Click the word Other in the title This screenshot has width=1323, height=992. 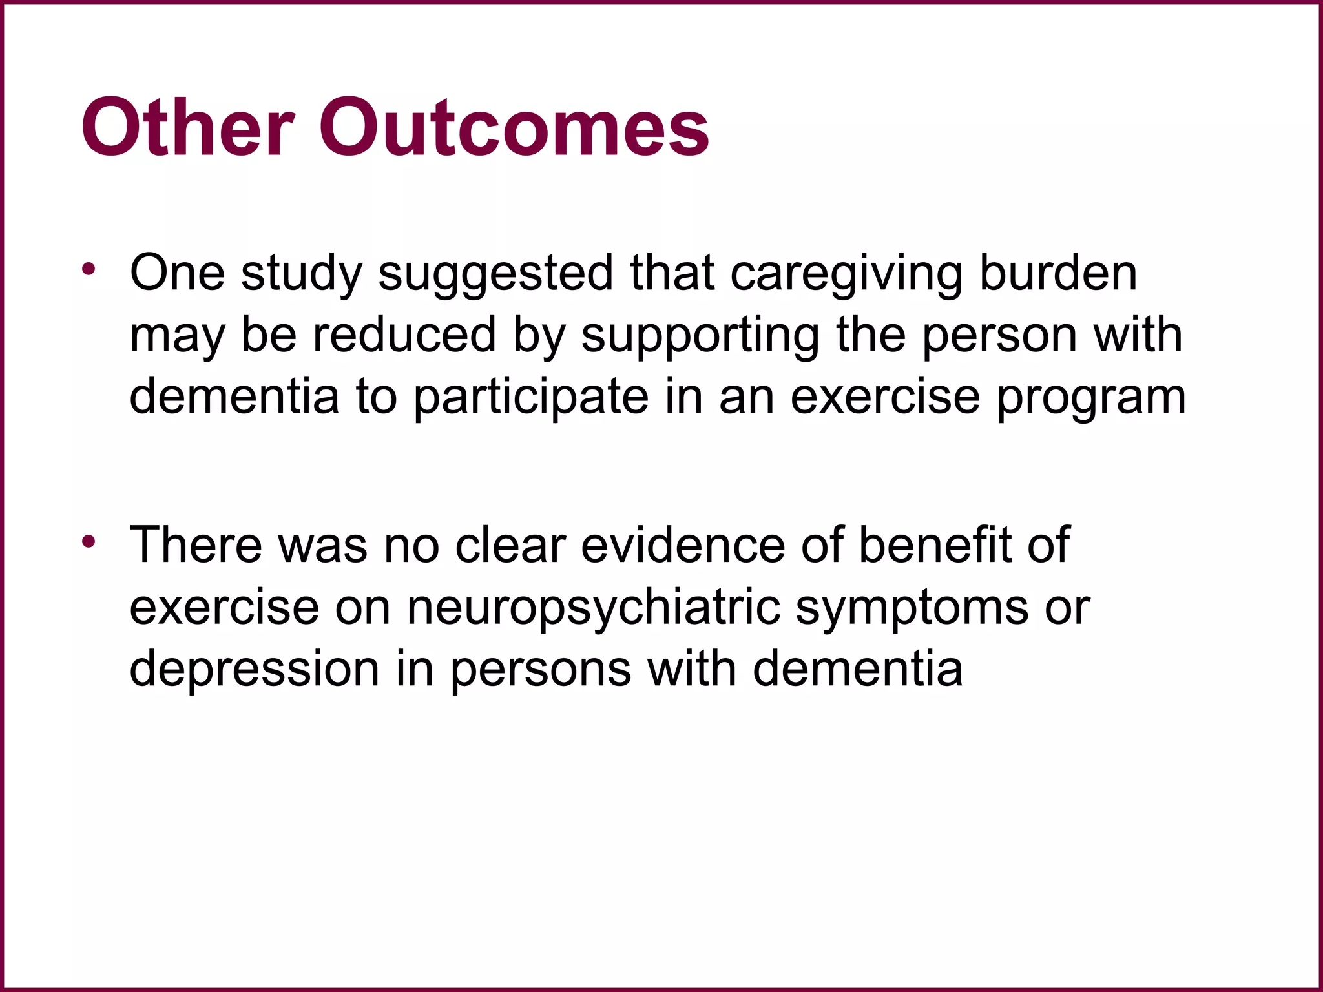188,127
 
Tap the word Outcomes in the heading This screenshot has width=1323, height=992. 514,127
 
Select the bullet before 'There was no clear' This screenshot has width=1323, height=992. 89,541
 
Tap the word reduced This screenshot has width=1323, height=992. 404,335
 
